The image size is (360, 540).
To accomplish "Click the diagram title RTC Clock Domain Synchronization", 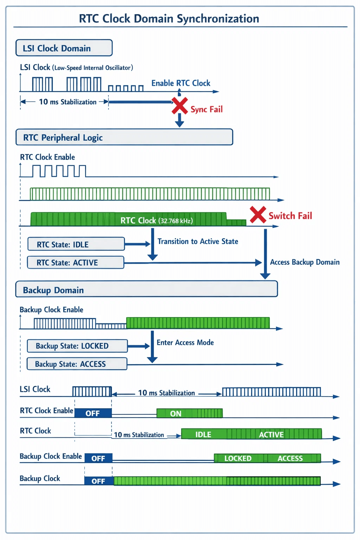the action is click(x=169, y=19).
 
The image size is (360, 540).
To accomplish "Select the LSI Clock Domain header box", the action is click(x=64, y=48).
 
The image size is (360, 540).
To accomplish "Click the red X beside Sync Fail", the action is click(x=180, y=105).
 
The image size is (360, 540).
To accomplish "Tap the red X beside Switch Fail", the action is click(x=258, y=214).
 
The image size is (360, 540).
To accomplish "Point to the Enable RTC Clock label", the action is click(x=181, y=83).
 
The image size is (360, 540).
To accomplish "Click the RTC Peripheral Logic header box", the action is click(x=124, y=137).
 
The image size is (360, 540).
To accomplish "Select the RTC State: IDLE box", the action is click(x=76, y=244).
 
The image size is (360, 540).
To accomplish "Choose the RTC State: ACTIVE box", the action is click(x=76, y=262).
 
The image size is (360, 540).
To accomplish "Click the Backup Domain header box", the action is click(x=147, y=289).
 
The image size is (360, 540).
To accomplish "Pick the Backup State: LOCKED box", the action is click(x=77, y=346).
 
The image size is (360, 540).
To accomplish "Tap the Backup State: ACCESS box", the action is click(x=77, y=364).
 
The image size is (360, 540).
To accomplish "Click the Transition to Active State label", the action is click(x=198, y=241).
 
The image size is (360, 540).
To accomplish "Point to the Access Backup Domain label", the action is click(x=305, y=262).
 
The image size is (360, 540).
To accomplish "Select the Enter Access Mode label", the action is click(x=185, y=342).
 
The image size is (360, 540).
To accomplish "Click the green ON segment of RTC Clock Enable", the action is click(x=189, y=413).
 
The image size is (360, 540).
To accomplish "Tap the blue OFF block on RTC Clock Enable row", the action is click(x=93, y=413).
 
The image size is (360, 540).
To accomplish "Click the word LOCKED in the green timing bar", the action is click(x=238, y=458).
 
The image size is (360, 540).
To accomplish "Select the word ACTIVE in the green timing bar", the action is click(x=271, y=435).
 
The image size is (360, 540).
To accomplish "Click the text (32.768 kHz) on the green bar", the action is click(x=175, y=221).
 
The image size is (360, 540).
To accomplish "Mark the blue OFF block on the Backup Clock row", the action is click(x=99, y=481).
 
